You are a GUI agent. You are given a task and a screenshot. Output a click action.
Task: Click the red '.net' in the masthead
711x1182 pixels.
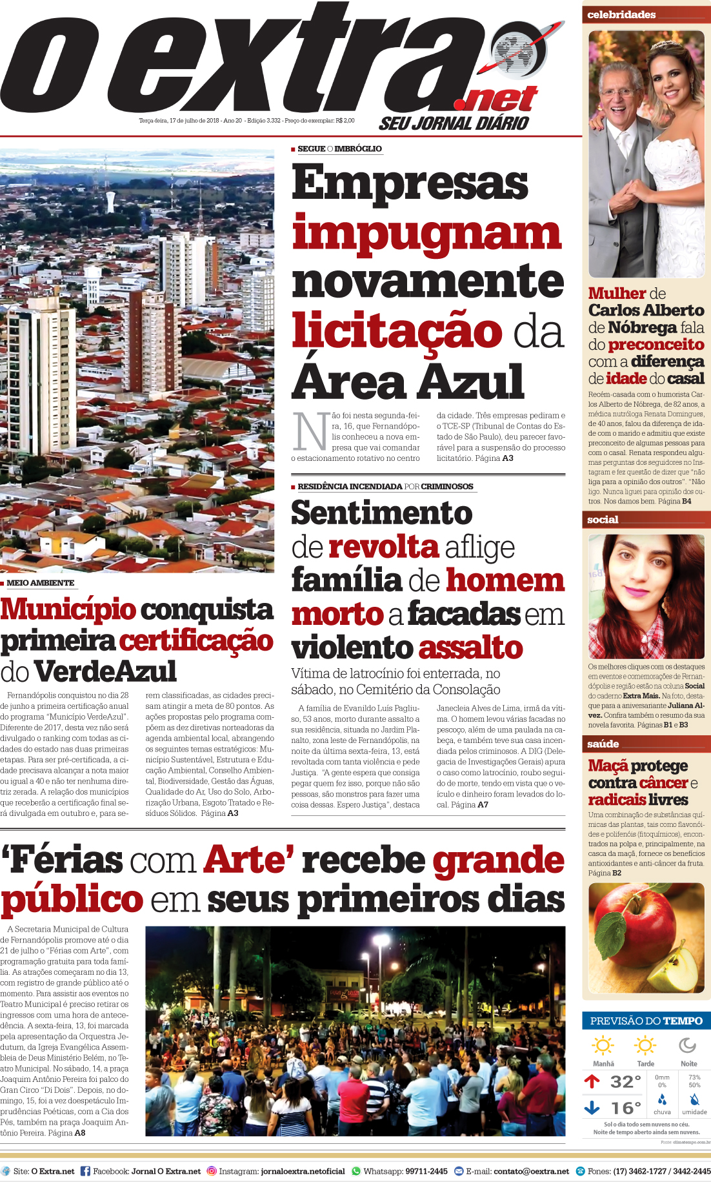(x=496, y=99)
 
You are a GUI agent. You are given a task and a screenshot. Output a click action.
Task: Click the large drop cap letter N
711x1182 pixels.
(x=310, y=432)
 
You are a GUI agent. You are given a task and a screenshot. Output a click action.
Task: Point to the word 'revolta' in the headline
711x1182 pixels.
(x=383, y=547)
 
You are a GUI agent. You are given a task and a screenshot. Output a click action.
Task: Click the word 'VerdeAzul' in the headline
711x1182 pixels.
(x=106, y=671)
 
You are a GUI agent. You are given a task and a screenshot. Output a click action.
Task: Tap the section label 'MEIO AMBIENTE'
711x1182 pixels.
(x=40, y=583)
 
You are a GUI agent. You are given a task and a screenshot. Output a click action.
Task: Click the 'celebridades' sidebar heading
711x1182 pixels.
(x=621, y=14)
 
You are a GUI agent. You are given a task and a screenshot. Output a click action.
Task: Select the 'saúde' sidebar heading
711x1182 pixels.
(x=603, y=744)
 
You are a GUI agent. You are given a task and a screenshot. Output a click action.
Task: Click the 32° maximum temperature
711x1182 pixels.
(x=625, y=1082)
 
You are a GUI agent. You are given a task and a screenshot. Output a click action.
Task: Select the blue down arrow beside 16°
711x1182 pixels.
(x=592, y=1108)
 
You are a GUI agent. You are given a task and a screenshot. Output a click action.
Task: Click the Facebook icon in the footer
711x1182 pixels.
(x=85, y=1171)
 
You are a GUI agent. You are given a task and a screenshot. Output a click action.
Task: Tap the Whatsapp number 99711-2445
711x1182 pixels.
(x=426, y=1171)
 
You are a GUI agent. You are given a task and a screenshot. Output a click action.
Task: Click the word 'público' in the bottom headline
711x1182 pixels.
(x=72, y=901)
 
